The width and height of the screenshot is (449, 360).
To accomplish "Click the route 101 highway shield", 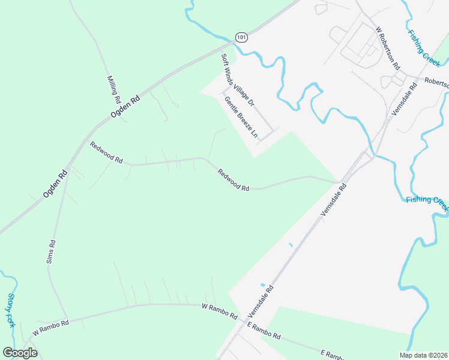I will [x=241, y=37].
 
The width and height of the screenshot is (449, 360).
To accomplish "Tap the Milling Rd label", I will [x=114, y=88].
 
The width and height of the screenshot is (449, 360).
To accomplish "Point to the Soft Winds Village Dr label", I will [x=238, y=80].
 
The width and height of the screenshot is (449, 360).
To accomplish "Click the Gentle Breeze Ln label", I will [x=241, y=116].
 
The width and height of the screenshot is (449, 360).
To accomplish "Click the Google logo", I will [x=20, y=353].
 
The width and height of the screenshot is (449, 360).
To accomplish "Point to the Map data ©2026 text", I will [x=423, y=355].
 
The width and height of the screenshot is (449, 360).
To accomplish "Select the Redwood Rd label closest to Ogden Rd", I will [x=106, y=153].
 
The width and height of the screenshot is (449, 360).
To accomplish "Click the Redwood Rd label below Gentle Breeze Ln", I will [x=233, y=179].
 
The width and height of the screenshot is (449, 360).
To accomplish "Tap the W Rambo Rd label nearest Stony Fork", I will [x=51, y=326].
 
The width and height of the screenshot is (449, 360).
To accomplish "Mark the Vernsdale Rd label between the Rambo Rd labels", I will [x=261, y=301].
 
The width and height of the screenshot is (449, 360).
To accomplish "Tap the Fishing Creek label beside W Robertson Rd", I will [x=424, y=47].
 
